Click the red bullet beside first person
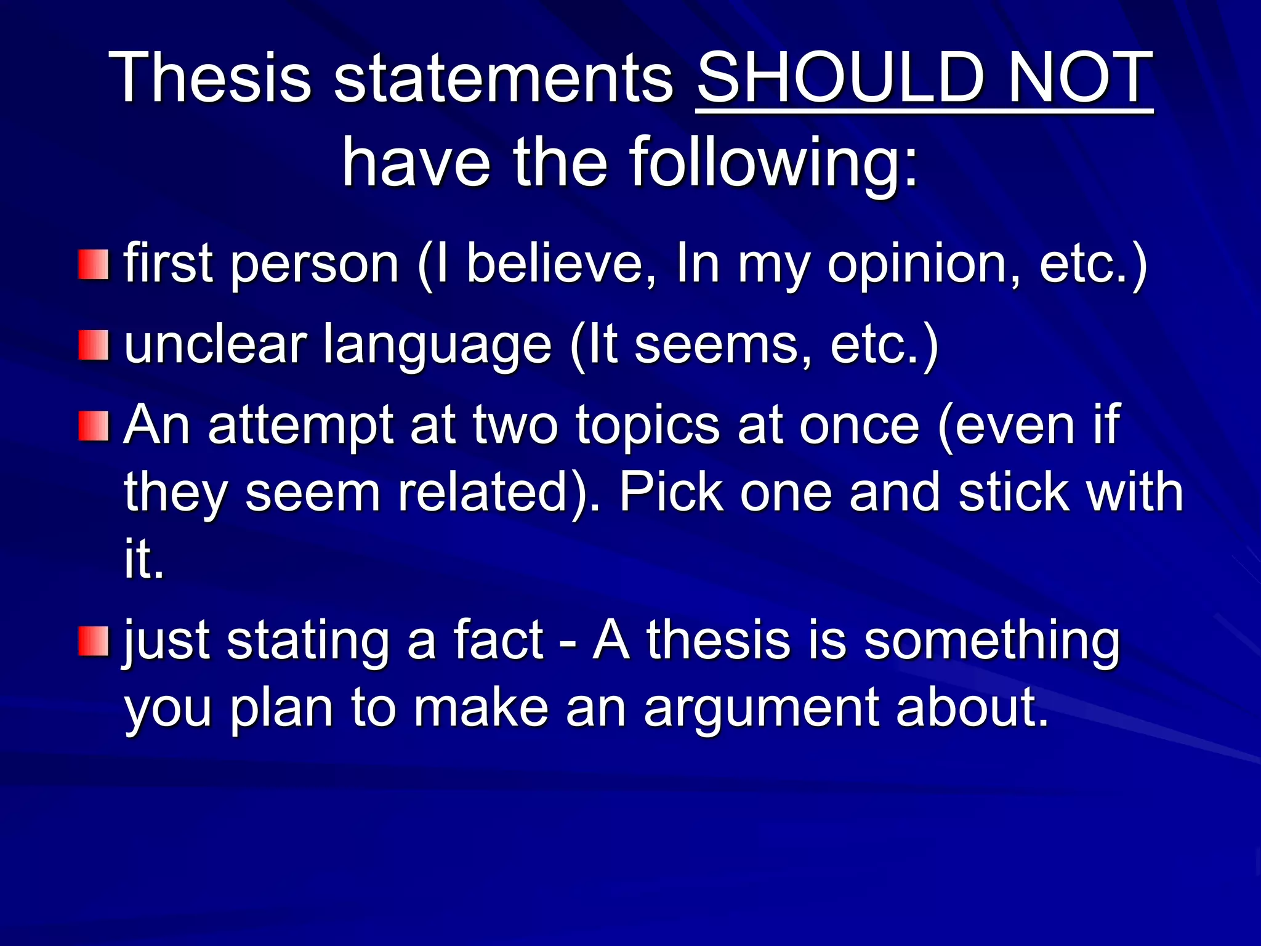tap(93, 264)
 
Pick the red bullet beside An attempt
tap(93, 426)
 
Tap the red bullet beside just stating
tap(93, 641)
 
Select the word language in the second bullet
tap(437, 346)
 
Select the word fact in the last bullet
tap(498, 641)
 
